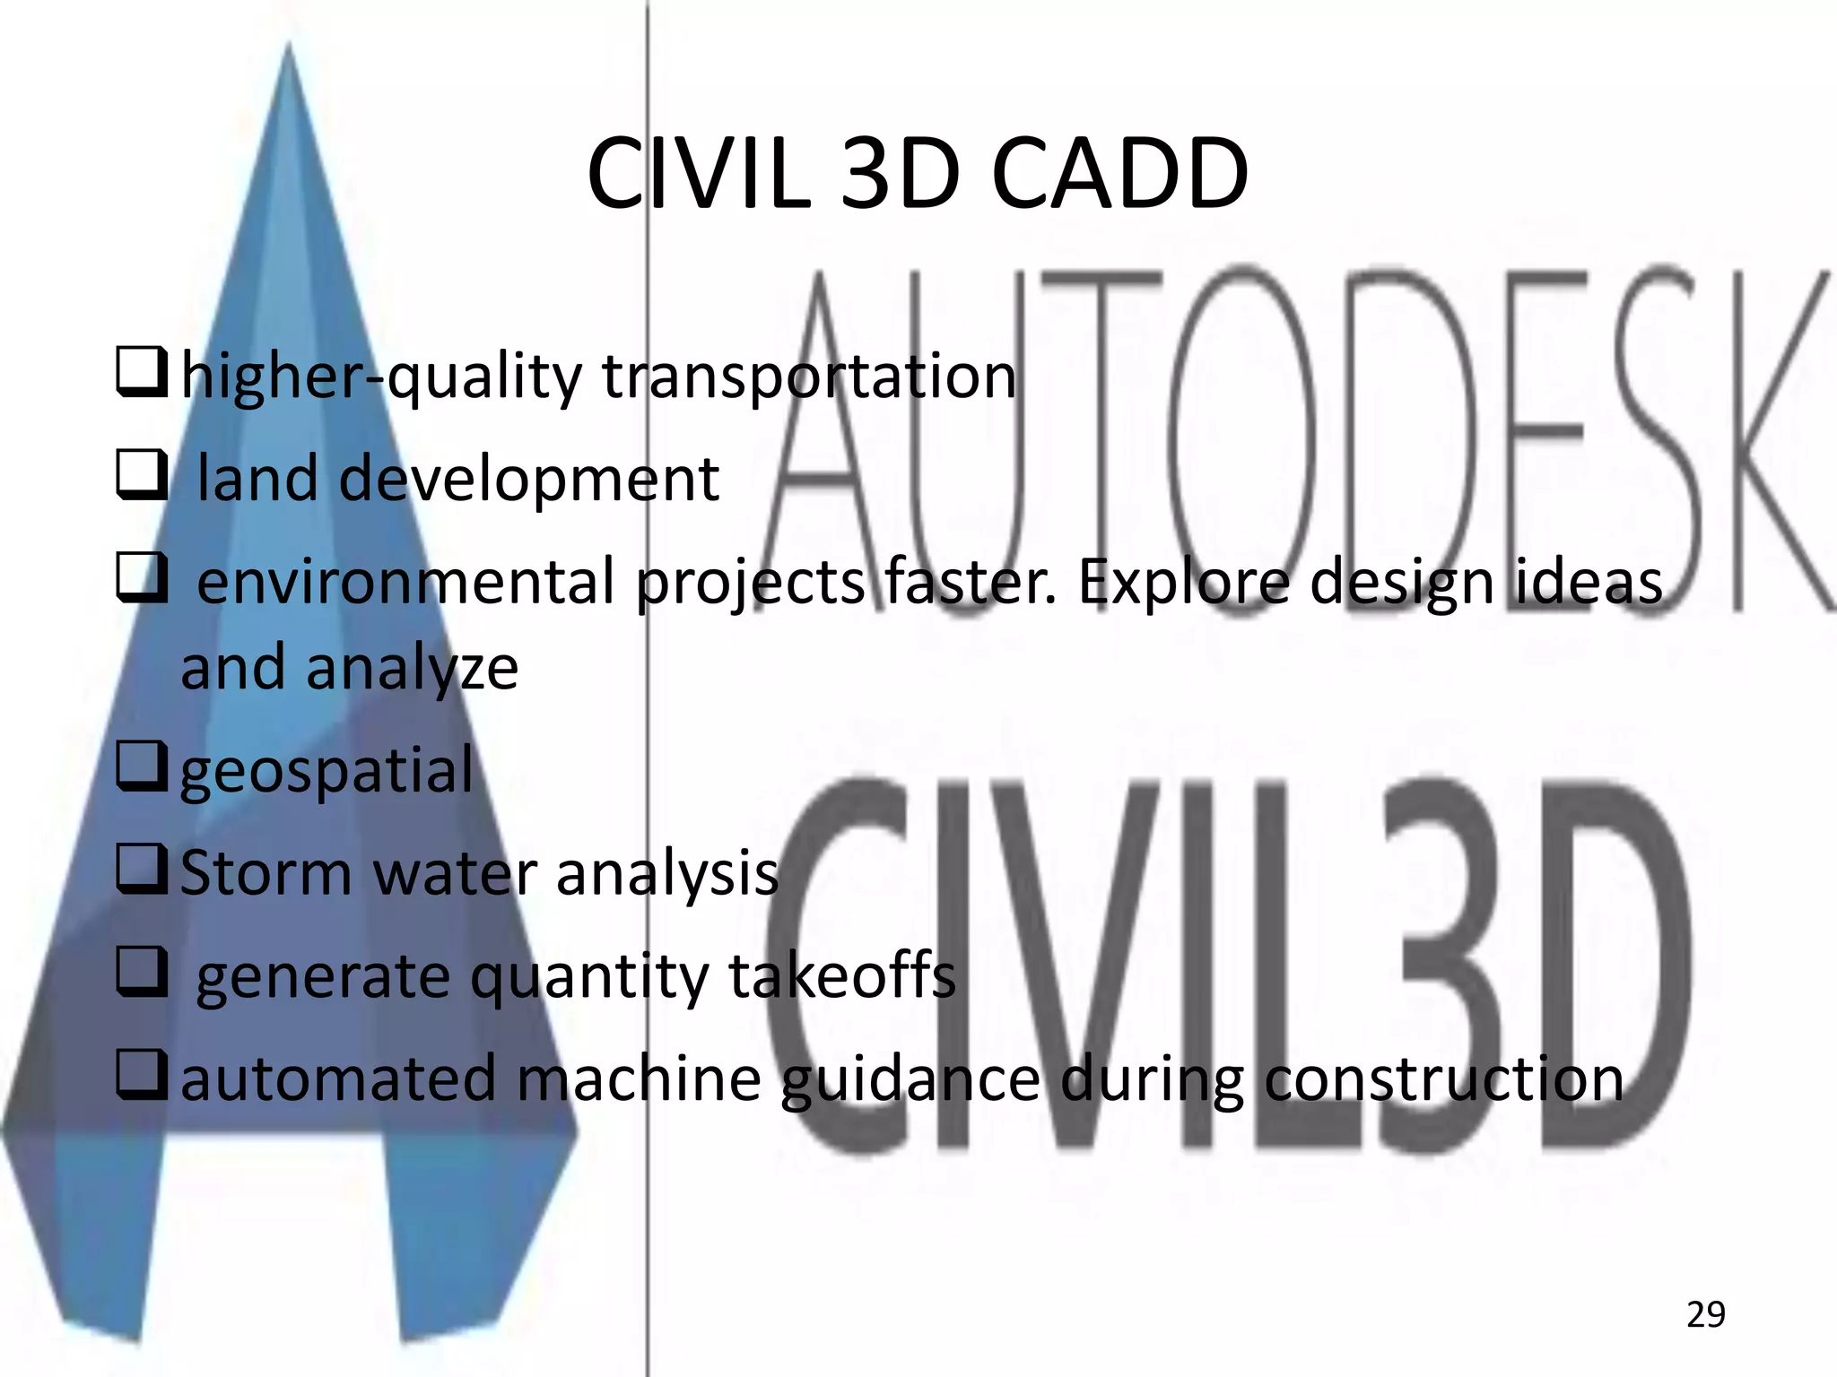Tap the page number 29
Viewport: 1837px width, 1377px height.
[1705, 1314]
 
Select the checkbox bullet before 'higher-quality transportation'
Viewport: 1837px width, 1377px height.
[142, 376]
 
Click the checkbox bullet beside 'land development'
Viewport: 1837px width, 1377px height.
[142, 476]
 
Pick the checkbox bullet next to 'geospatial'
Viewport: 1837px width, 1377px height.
[142, 768]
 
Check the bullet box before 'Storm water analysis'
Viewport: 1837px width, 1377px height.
[142, 870]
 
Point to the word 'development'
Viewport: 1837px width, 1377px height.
[529, 479]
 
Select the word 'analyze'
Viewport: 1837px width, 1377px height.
[412, 669]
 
